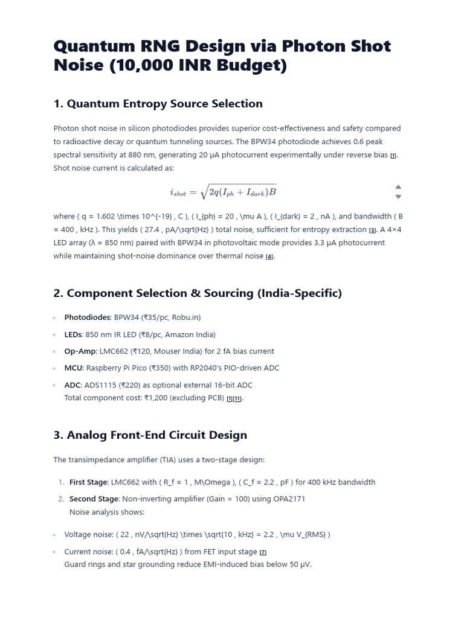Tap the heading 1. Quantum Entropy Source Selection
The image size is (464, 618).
coord(158,104)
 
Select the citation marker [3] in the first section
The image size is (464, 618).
coord(373,230)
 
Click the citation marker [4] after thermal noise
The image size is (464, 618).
coord(270,256)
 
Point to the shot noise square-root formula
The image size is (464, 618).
coord(223,192)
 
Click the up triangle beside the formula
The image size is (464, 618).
coord(398,186)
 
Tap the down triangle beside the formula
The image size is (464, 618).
coord(398,197)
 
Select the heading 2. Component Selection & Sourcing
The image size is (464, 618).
coord(198,293)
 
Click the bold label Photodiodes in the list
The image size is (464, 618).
coord(88,317)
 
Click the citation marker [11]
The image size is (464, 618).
coord(237,399)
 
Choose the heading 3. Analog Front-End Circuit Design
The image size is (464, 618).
coord(150,435)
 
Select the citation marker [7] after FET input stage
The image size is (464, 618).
coord(263,552)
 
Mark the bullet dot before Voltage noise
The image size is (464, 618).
coord(54,535)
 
